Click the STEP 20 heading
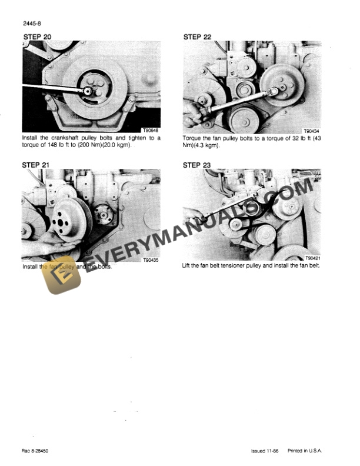point(36,36)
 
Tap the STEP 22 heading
point(197,36)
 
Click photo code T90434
point(311,132)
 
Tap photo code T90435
point(151,259)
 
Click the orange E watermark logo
point(62,275)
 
